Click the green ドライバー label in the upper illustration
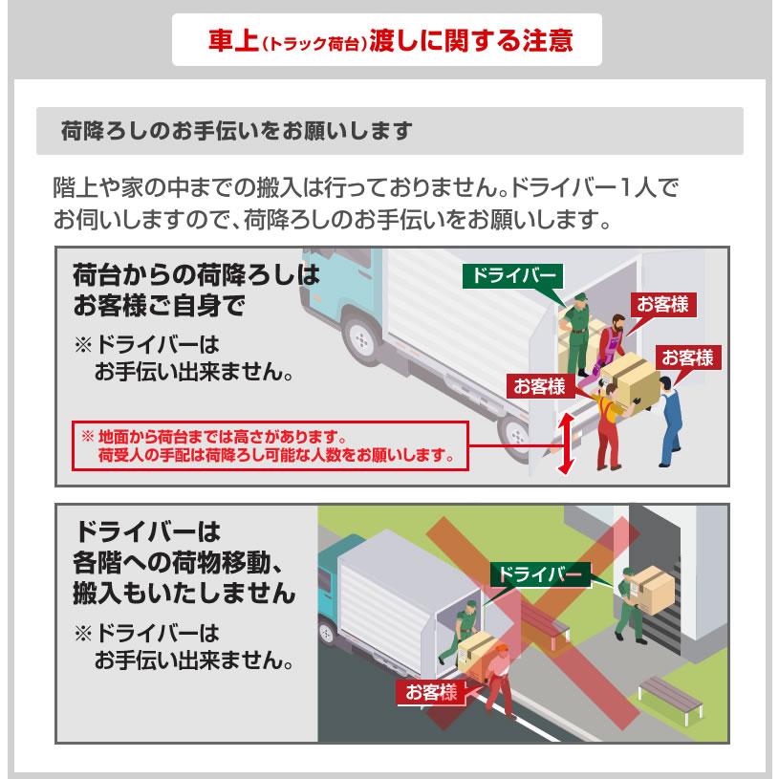pyautogui.click(x=511, y=275)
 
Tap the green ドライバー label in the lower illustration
pyautogui.click(x=540, y=573)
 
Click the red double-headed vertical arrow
pyautogui.click(x=566, y=442)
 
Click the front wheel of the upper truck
pyautogui.click(x=360, y=336)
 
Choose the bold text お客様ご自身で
pyautogui.click(x=159, y=306)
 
